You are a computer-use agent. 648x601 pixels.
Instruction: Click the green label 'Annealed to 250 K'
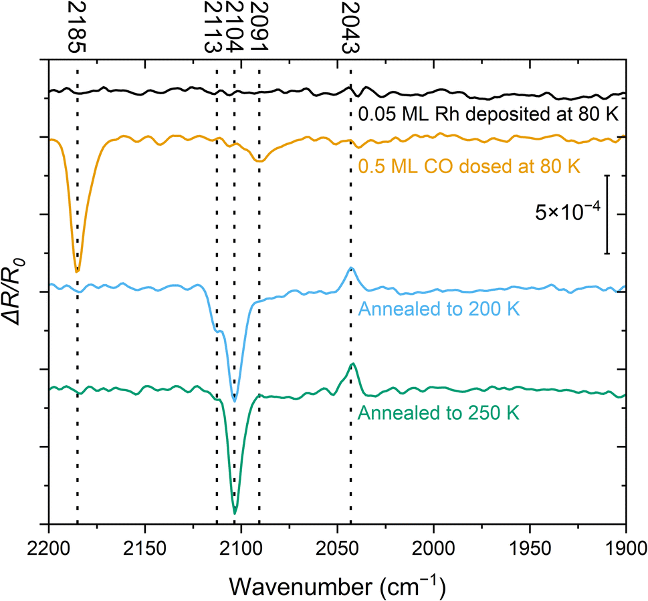click(439, 412)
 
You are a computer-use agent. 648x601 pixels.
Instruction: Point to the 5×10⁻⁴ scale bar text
click(566, 214)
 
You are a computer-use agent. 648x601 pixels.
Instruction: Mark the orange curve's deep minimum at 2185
click(78, 271)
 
